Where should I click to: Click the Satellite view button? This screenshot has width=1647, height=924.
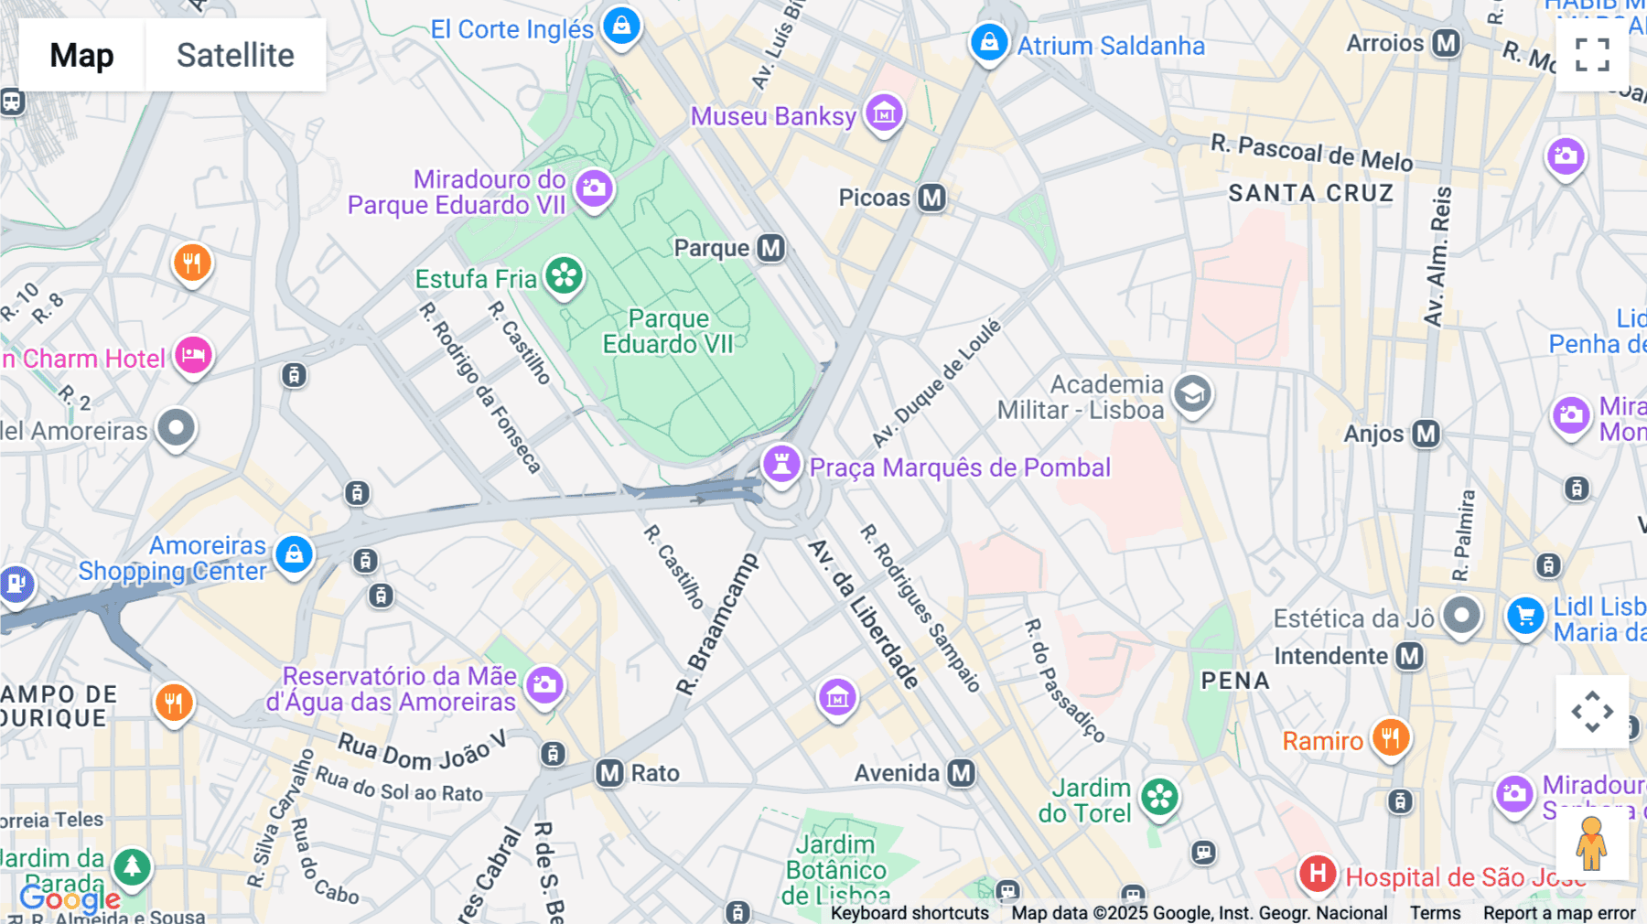pos(235,55)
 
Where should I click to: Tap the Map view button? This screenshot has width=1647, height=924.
pos(81,55)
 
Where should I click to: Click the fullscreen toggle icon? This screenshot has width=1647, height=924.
pos(1592,55)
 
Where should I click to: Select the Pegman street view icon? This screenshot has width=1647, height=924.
pos(1591,843)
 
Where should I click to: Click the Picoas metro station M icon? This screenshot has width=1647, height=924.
pos(931,198)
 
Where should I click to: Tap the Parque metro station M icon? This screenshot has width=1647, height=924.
pos(770,248)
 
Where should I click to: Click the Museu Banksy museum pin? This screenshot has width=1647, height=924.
pos(884,113)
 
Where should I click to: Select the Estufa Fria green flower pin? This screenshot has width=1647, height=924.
pos(564,276)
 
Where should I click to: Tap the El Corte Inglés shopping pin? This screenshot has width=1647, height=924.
pos(621,26)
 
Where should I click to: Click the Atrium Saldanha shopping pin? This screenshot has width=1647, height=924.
pos(989,42)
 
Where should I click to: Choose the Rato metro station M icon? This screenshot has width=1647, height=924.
pos(609,773)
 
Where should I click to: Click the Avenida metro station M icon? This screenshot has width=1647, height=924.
pos(961,773)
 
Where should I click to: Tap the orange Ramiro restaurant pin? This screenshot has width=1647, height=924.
pos(1390,736)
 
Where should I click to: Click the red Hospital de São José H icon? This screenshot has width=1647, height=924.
pos(1318,874)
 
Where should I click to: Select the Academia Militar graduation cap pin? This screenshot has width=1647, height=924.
pos(1192,394)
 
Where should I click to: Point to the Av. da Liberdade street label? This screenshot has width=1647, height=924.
pos(864,614)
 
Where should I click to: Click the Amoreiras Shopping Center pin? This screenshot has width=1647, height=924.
pos(294,554)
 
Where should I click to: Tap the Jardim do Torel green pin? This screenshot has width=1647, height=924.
pos(1159,797)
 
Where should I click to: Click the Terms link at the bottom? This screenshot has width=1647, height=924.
pos(1435,913)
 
